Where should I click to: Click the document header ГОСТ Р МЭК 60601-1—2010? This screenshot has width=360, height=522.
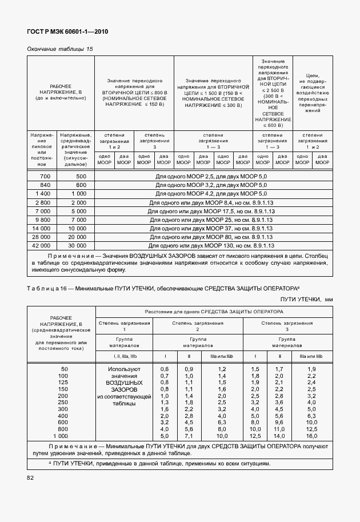tap(67, 32)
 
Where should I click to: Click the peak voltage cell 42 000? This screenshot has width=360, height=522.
tap(42, 245)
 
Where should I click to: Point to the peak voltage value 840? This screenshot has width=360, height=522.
tap(46, 185)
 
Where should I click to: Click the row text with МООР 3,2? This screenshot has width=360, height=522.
tap(211, 185)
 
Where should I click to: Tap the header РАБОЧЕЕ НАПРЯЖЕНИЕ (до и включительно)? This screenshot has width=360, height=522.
tap(61, 91)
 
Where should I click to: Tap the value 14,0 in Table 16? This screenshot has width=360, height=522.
tap(278, 436)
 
